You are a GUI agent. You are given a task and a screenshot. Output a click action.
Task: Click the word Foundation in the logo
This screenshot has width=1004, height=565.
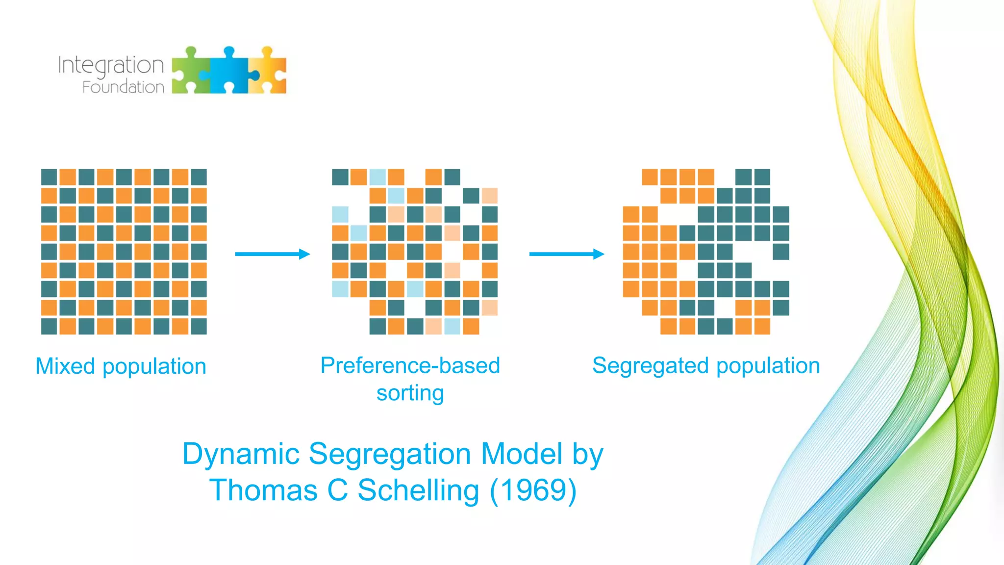(123, 87)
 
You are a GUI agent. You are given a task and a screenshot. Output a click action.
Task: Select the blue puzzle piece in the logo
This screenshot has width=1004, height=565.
(229, 71)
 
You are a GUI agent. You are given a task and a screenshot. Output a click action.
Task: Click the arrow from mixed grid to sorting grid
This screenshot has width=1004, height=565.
(272, 254)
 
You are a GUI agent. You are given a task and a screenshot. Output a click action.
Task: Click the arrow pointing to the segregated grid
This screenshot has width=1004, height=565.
(566, 254)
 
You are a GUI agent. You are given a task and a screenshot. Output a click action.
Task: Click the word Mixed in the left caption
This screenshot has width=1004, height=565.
(65, 366)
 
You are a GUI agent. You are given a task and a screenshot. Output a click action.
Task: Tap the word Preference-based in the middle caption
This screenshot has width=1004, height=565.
(410, 366)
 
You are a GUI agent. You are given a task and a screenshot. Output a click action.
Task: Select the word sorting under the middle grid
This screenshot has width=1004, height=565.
(410, 393)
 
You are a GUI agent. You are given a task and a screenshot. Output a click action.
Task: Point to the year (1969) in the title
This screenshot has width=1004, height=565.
(533, 490)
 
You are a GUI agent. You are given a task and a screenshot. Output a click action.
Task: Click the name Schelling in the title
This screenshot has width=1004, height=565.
(418, 490)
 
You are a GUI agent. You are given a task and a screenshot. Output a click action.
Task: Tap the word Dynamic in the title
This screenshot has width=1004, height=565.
(241, 454)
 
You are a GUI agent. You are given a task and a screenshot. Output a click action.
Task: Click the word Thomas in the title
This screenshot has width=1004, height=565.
(264, 490)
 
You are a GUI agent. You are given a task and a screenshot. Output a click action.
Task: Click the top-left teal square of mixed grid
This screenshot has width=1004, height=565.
(49, 177)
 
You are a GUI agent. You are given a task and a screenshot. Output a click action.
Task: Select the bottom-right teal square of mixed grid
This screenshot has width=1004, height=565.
(199, 326)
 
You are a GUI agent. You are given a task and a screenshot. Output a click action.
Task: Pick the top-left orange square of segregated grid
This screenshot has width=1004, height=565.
(650, 177)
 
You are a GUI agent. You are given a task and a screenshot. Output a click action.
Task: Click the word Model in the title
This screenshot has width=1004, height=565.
(522, 454)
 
